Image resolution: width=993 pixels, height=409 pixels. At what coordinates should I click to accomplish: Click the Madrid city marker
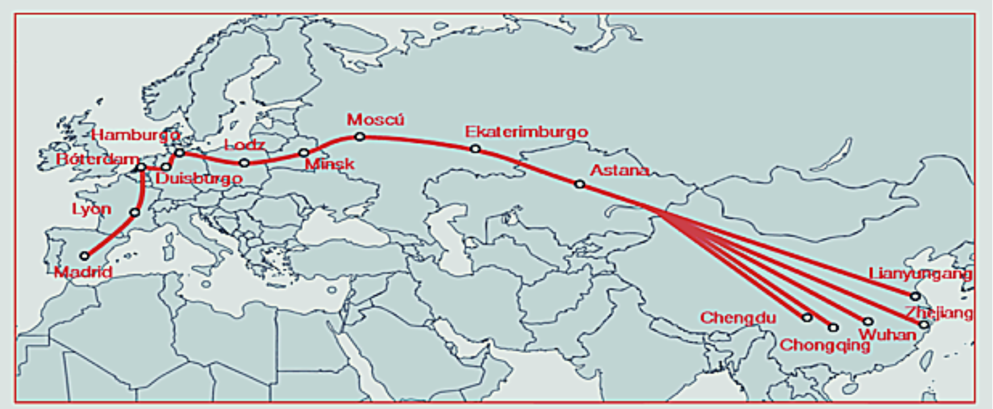coord(85,256)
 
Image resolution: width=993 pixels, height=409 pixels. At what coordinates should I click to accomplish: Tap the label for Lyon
coord(91,209)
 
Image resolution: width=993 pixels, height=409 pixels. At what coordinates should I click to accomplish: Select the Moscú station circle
coord(360,137)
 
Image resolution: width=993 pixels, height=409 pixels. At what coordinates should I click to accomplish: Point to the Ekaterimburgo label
coord(527,132)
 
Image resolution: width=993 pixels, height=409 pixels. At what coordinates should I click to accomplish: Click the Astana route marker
coord(579,184)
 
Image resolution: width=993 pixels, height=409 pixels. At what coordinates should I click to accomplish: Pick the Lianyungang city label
coord(920,274)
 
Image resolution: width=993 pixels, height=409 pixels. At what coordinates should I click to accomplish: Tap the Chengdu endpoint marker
coord(807,317)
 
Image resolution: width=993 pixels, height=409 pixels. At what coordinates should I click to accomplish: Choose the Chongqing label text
coord(825,345)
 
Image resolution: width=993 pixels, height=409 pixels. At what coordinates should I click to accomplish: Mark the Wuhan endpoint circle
coord(868,321)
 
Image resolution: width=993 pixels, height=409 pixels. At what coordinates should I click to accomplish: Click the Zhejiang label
coord(938,312)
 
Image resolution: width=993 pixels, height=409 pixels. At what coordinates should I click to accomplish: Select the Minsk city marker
coord(304,152)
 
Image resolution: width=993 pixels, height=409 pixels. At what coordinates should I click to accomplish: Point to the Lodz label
coord(244,145)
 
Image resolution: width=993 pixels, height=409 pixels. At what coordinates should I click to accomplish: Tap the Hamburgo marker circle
coord(180,152)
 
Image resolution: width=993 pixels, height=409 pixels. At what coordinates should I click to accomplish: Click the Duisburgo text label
coord(199,179)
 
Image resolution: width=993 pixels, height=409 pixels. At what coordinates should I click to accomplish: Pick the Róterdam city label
coord(98,159)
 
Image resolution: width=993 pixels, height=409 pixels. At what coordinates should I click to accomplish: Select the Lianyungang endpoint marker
coord(915,296)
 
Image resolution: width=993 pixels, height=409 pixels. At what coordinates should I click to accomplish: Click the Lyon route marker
coord(135,212)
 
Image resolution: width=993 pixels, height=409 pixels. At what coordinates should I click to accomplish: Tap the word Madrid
coord(84,272)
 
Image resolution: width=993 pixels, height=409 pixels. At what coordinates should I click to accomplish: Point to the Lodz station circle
coord(244,163)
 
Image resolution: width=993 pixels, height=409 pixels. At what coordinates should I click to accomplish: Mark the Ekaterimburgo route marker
coord(475,148)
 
